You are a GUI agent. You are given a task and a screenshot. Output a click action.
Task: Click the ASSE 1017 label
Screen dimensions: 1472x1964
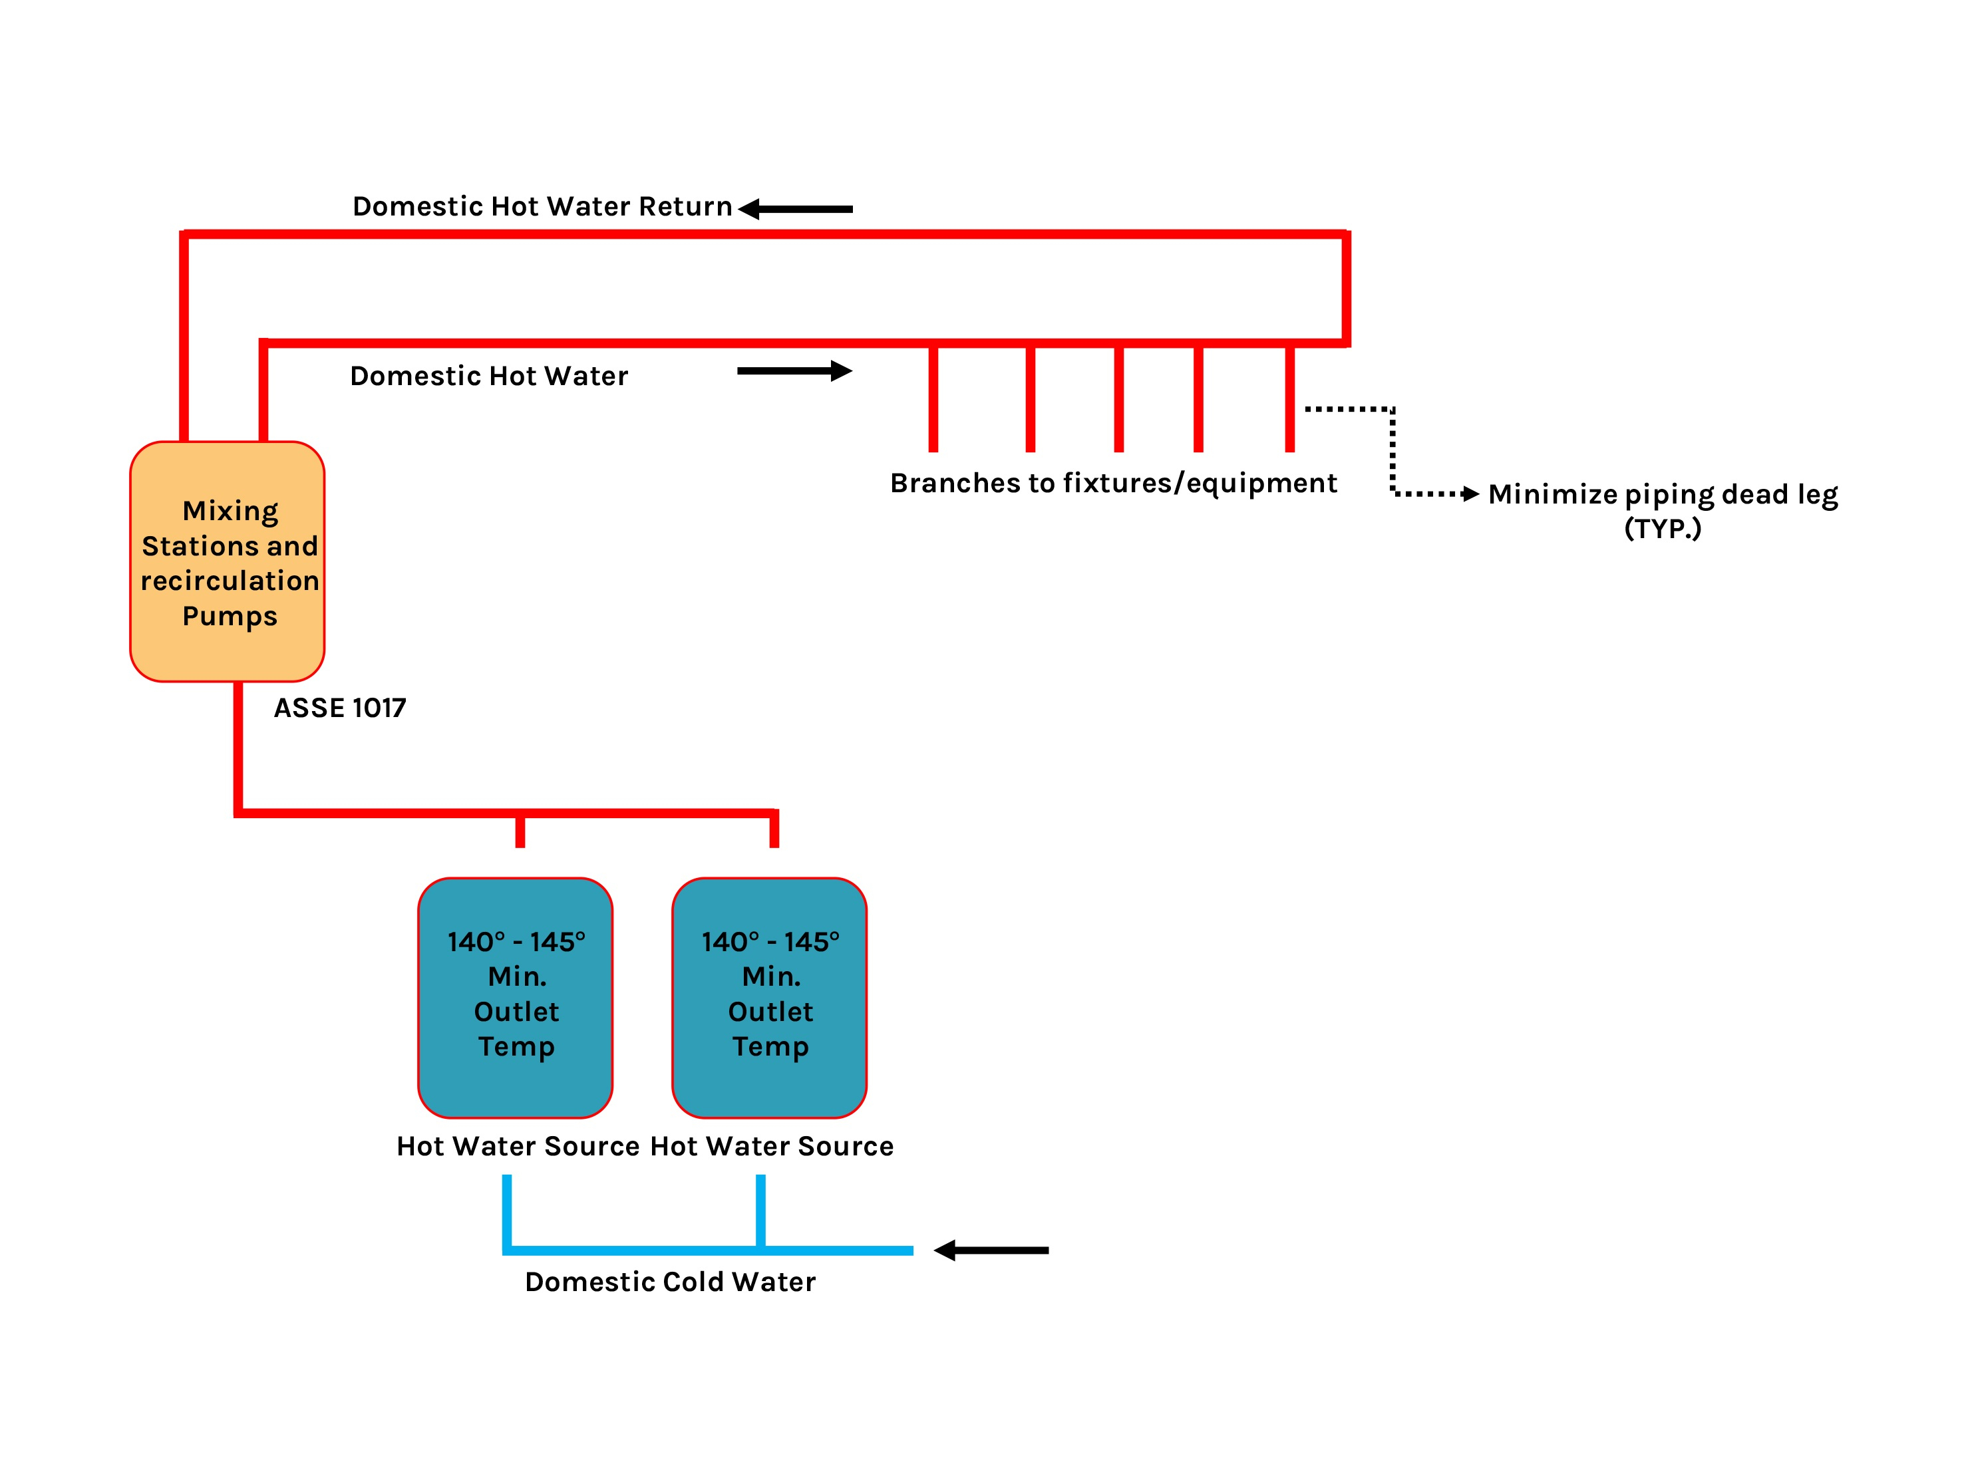[x=340, y=708]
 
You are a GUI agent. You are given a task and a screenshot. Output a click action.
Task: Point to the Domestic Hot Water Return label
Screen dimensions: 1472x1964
[x=542, y=206]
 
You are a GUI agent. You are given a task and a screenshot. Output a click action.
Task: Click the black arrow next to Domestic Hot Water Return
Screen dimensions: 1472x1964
[x=796, y=209]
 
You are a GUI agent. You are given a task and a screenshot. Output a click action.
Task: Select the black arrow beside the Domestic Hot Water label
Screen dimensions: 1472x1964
[x=794, y=370]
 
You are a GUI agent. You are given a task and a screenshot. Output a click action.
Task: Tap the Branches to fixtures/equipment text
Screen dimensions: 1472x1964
[x=1114, y=483]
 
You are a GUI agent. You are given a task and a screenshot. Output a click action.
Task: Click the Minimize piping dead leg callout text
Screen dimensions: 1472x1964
[x=1662, y=494]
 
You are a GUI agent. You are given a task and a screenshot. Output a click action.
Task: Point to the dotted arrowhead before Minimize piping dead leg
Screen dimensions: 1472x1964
[x=1470, y=494]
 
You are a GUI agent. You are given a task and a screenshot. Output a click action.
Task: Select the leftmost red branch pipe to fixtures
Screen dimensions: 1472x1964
[x=933, y=400]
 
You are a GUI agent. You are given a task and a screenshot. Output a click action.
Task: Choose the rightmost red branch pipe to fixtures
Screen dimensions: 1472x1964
[x=1289, y=400]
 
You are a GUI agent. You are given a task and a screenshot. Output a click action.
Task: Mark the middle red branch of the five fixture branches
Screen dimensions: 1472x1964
[x=1119, y=400]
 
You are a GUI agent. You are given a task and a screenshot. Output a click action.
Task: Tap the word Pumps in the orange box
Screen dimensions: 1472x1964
[x=230, y=615]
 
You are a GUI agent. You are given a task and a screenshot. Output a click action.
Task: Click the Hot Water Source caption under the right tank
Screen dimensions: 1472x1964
[x=772, y=1146]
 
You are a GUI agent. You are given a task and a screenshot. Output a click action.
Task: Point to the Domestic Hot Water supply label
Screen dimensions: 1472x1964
[x=489, y=376]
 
